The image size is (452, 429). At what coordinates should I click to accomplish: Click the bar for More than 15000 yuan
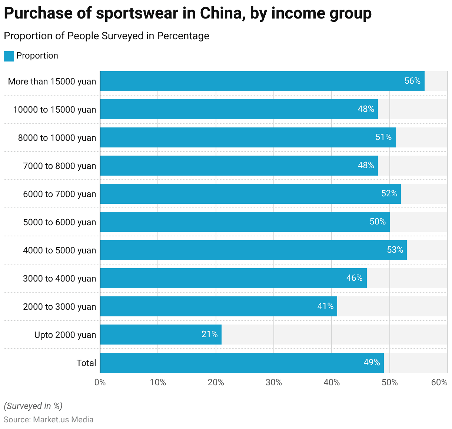pos(262,81)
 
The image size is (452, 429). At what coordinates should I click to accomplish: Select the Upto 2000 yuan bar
pos(160,335)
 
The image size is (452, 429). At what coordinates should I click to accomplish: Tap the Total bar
pos(242,363)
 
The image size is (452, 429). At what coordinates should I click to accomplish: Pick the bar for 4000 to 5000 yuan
pos(253,250)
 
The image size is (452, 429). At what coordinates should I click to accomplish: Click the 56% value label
pos(412,81)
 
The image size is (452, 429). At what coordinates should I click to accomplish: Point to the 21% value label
pos(209,334)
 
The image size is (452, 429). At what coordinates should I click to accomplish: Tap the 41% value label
pos(325,306)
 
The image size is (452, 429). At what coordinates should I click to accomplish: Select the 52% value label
pos(389,193)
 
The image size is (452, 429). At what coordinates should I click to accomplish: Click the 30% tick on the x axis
pos(274,382)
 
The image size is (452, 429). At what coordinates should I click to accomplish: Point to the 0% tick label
pos(100,382)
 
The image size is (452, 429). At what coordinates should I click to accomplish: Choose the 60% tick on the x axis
pos(439,382)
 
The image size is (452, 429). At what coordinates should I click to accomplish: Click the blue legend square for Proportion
pos(9,56)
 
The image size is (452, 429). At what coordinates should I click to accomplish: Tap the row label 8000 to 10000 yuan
pos(57,138)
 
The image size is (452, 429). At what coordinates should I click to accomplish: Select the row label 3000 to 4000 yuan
pos(59,279)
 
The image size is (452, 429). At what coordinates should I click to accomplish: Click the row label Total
pos(86,363)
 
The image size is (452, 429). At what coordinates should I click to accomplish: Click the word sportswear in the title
pos(137,14)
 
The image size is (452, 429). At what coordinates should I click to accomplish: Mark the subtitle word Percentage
pos(183,36)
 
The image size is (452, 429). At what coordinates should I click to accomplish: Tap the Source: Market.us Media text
pos(49,419)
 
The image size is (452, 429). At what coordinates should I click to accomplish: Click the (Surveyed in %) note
pos(33,406)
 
